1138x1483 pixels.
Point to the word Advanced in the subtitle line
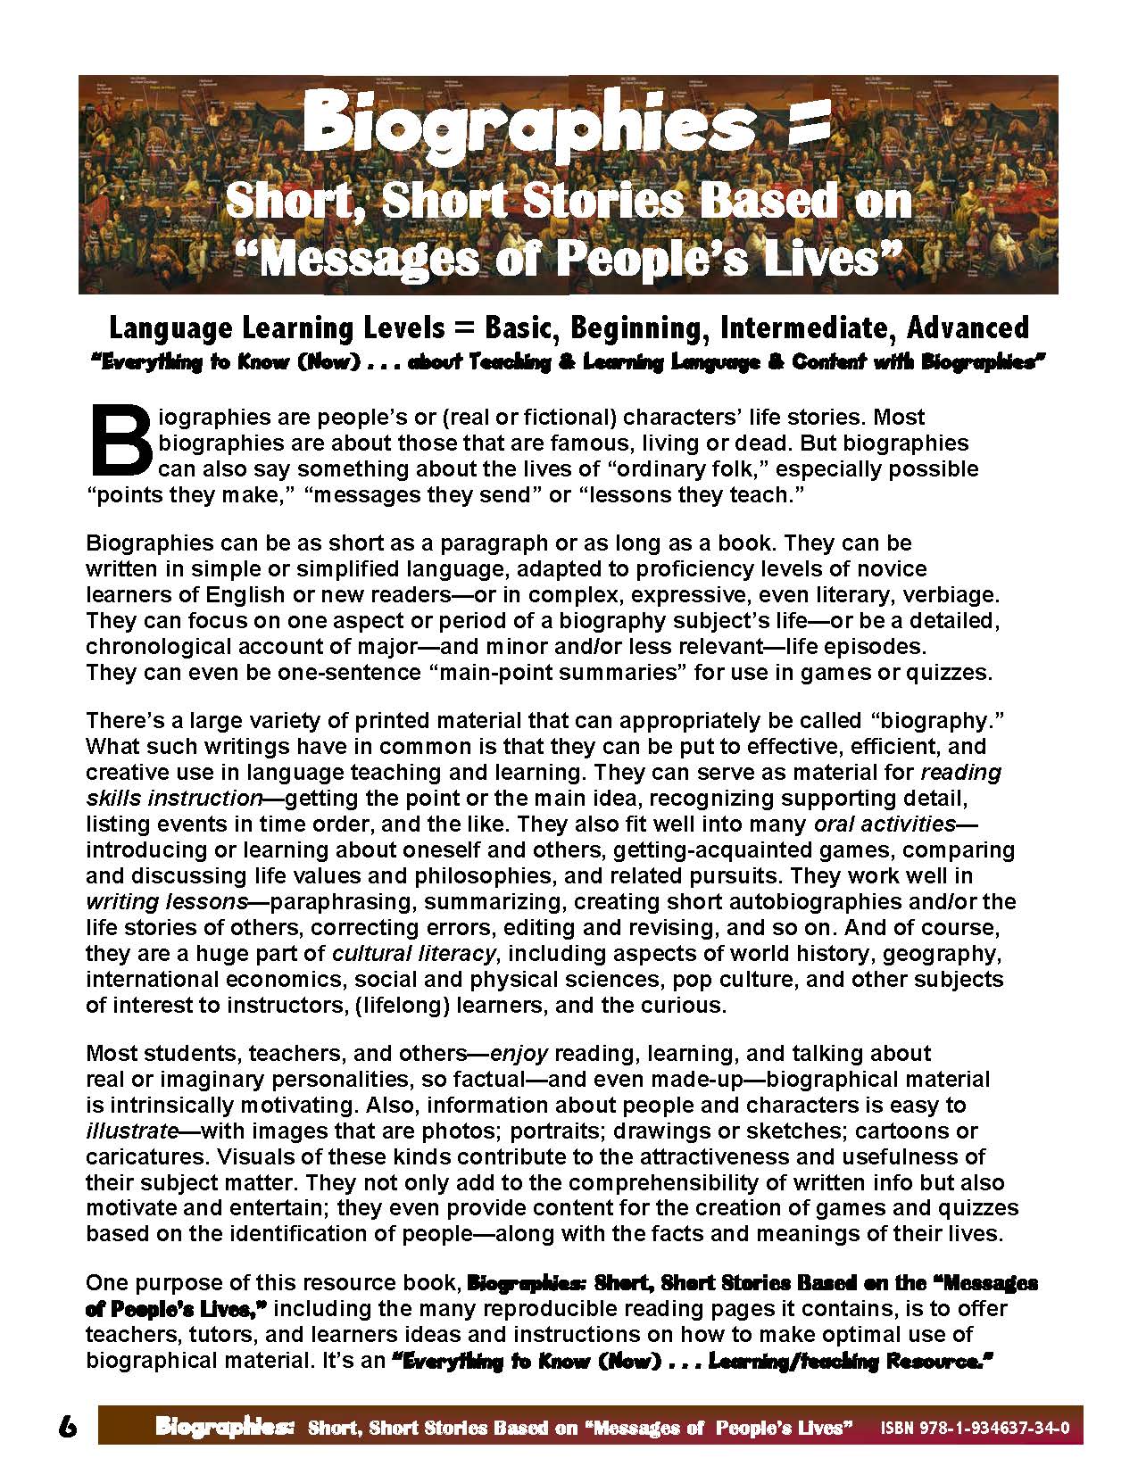[967, 327]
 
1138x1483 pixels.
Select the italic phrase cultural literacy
[414, 953]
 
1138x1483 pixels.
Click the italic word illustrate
[130, 1131]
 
